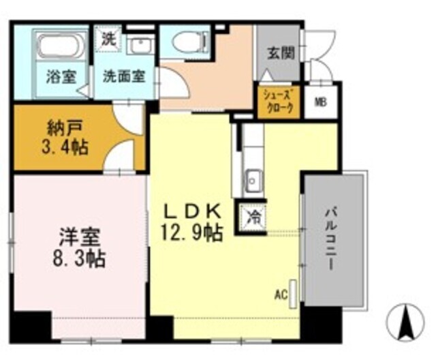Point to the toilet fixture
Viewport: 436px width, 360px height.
click(187, 43)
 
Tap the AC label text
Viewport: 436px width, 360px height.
click(279, 295)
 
